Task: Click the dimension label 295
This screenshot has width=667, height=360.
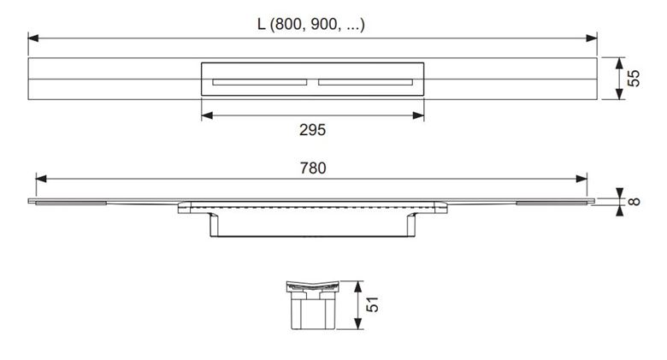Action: pyautogui.click(x=312, y=130)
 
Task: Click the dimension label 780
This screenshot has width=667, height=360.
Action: pyautogui.click(x=313, y=168)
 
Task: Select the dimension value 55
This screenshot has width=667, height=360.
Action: pyautogui.click(x=634, y=79)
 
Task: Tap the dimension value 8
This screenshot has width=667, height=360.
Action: pyautogui.click(x=634, y=201)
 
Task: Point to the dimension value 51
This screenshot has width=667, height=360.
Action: pyautogui.click(x=372, y=304)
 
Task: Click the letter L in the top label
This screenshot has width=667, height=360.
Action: pyautogui.click(x=261, y=24)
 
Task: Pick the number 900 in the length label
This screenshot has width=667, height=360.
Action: pyautogui.click(x=324, y=24)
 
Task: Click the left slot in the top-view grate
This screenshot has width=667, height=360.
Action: pyautogui.click(x=260, y=82)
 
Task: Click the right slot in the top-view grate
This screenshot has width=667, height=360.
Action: pyautogui.click(x=365, y=82)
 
